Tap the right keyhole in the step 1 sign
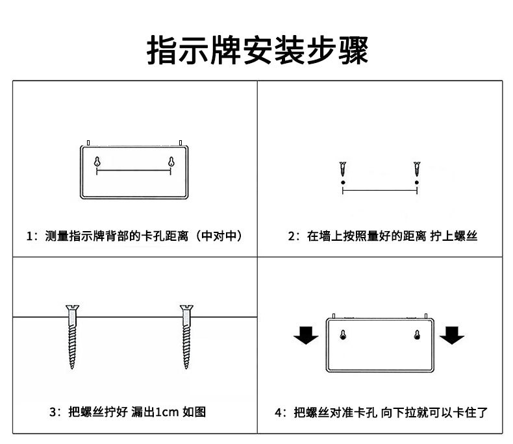click(171, 163)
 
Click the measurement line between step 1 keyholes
click(134, 172)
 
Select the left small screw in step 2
click(342, 171)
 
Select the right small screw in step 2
click(416, 171)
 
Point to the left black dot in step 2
click(342, 184)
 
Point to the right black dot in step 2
click(416, 184)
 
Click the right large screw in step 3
click(187, 336)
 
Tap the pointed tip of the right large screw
click(187, 367)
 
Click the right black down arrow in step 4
click(452, 336)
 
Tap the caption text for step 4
click(381, 412)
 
